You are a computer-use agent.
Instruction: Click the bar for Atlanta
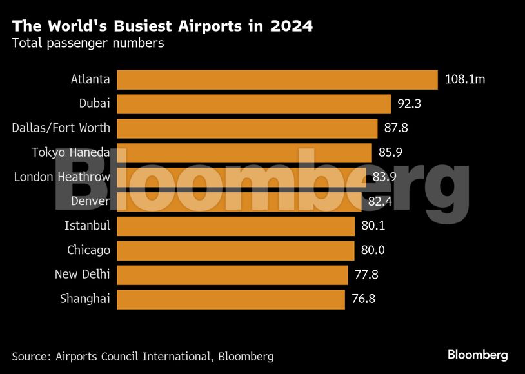pyautogui.click(x=277, y=80)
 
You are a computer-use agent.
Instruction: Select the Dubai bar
pyautogui.click(x=253, y=104)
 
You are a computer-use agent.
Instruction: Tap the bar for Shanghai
pyautogui.click(x=230, y=299)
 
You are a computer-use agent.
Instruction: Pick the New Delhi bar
pyautogui.click(x=232, y=275)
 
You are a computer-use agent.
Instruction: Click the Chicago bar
pyautogui.click(x=235, y=250)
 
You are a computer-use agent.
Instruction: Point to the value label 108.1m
pyautogui.click(x=465, y=80)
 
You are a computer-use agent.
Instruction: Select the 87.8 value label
pyautogui.click(x=396, y=128)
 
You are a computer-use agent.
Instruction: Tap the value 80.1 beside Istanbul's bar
pyautogui.click(x=373, y=226)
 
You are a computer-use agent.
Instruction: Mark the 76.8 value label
pyautogui.click(x=364, y=299)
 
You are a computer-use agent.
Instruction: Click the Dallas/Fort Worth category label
pyautogui.click(x=61, y=128)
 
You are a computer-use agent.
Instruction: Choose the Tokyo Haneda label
pyautogui.click(x=71, y=153)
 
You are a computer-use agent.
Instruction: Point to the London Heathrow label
pyautogui.click(x=62, y=177)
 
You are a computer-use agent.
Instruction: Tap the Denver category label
pyautogui.click(x=90, y=202)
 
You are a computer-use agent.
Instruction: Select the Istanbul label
pyautogui.click(x=87, y=226)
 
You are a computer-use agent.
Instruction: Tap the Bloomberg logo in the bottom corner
pyautogui.click(x=478, y=355)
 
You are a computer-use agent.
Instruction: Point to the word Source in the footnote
pyautogui.click(x=30, y=356)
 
